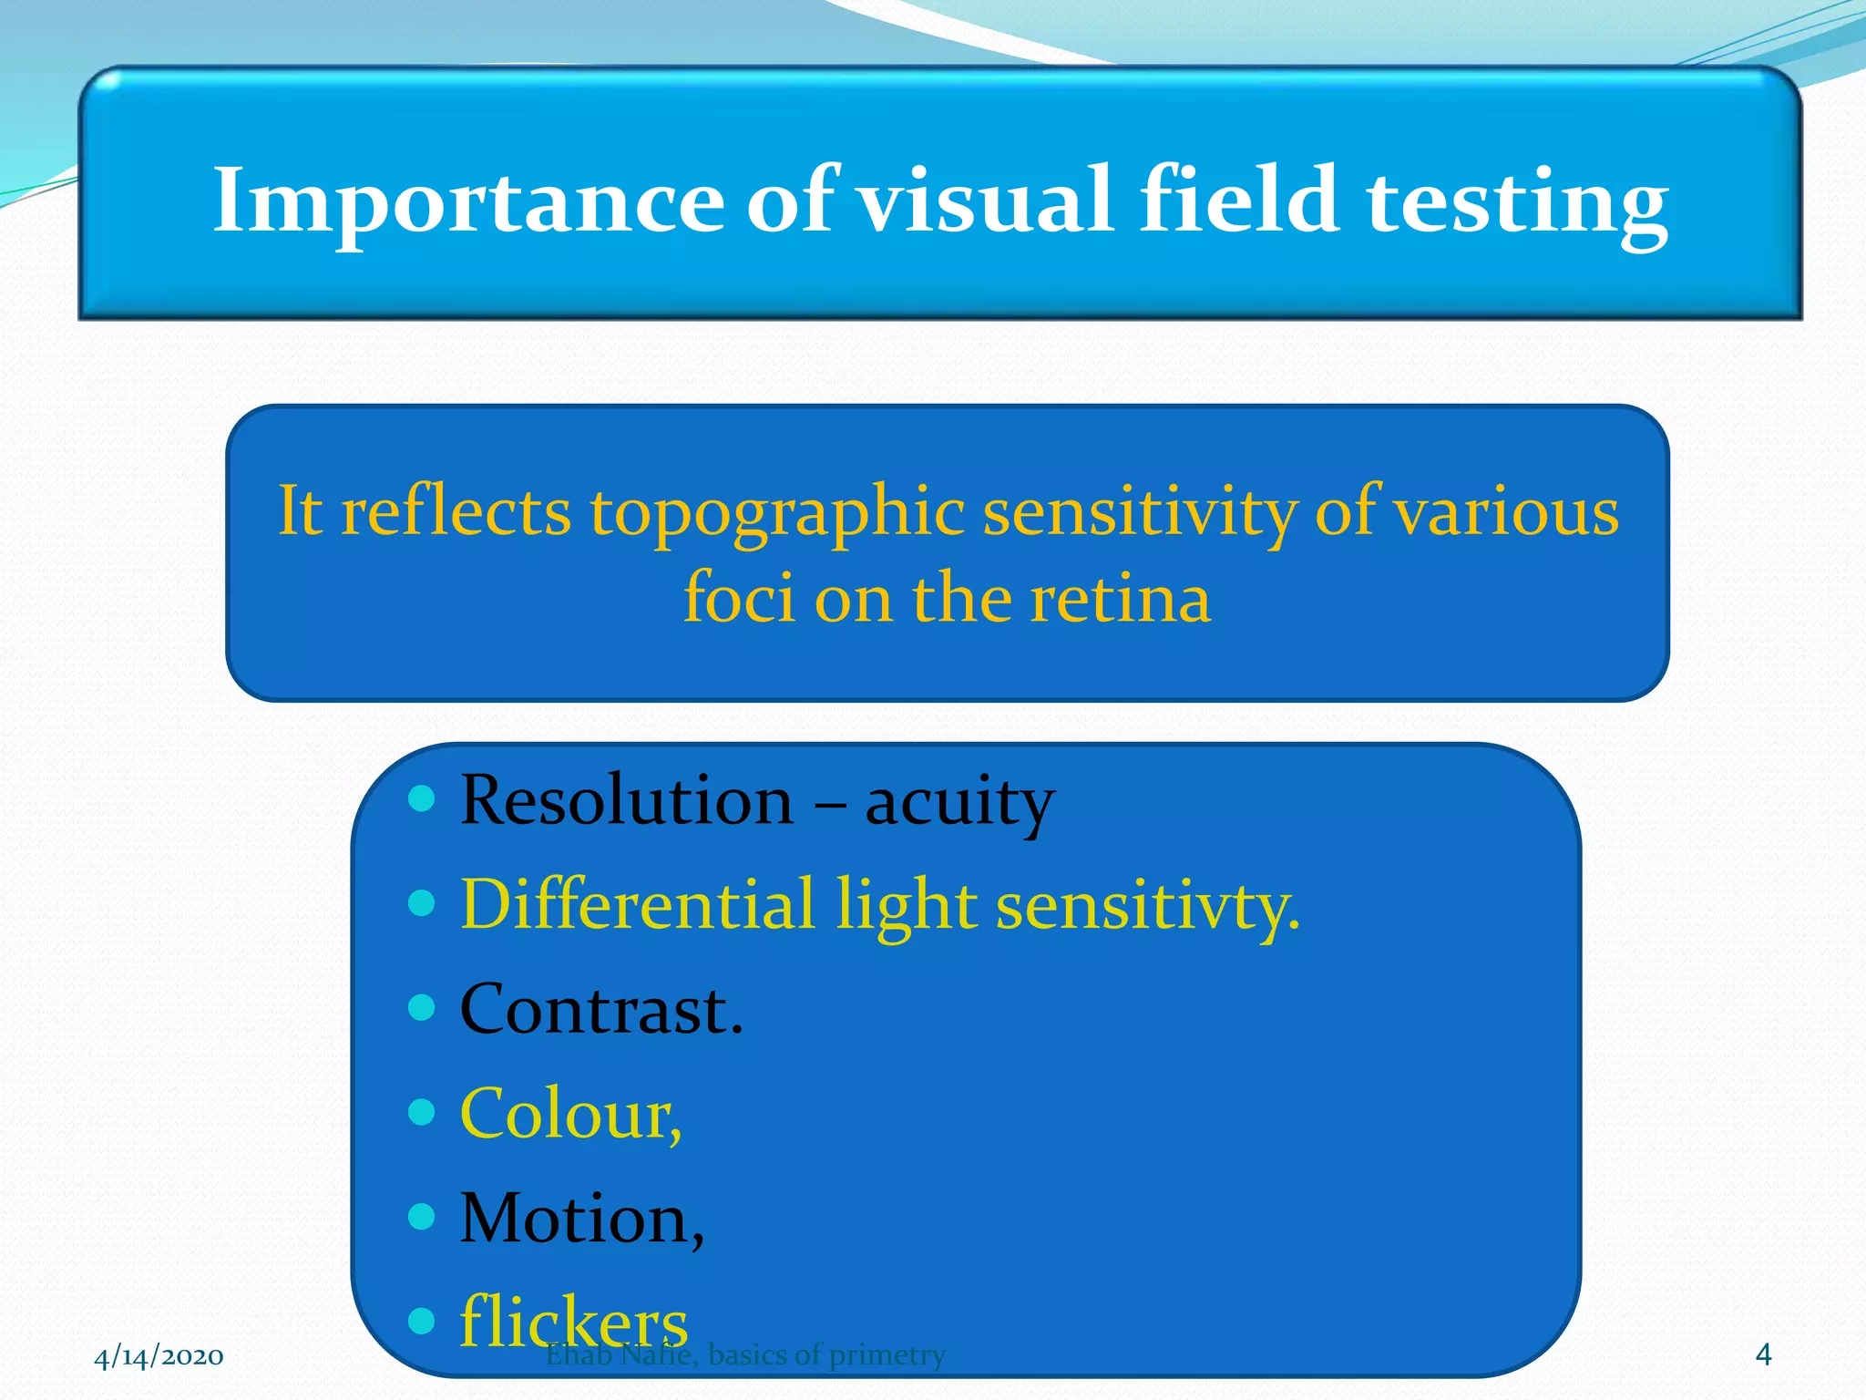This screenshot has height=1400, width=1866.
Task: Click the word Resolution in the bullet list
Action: tap(627, 800)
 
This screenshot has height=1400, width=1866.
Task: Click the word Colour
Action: tap(570, 1113)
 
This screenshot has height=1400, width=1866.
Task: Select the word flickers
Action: tap(573, 1321)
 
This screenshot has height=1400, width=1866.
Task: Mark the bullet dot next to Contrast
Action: tap(422, 1007)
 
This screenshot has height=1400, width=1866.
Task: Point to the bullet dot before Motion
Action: tap(422, 1216)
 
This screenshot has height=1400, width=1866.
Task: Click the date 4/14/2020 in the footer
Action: tap(159, 1356)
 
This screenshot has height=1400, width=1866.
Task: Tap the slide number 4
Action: tap(1763, 1354)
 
